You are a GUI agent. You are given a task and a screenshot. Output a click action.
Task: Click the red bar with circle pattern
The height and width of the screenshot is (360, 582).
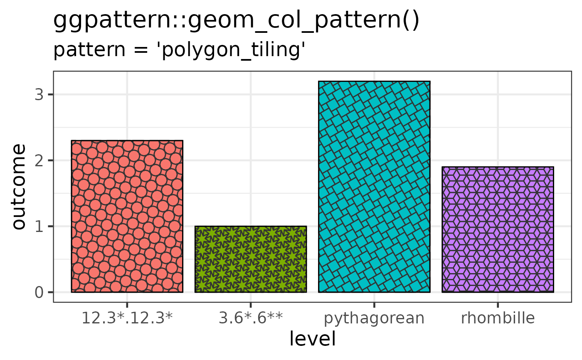coord(127,216)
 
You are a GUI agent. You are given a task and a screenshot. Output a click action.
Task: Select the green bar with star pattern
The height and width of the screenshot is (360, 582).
coord(250,259)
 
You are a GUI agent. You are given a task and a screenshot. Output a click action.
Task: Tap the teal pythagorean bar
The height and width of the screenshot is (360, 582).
coord(374,187)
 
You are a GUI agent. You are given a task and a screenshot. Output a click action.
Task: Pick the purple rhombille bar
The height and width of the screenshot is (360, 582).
coord(498,229)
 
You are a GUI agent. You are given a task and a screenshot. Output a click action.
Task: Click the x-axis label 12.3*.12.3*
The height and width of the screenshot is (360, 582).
coord(127,318)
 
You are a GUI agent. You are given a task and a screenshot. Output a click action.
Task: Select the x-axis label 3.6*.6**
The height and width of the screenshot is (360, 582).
coord(250,318)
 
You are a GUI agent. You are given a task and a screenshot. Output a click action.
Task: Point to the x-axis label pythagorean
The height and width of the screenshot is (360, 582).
coord(374,319)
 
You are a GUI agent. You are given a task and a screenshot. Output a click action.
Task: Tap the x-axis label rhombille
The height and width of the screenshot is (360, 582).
coord(498,318)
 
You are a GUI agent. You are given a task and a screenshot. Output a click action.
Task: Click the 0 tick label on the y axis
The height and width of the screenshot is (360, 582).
coord(39,292)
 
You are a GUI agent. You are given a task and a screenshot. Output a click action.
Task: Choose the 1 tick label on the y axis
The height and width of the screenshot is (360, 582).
coord(39,226)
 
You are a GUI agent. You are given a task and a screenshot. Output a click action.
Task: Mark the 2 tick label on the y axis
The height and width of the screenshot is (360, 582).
coord(39,160)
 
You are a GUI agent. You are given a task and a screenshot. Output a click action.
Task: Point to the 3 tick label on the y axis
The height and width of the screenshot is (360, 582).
coord(39,94)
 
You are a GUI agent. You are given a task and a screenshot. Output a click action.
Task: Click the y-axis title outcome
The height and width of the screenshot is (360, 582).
coord(19,186)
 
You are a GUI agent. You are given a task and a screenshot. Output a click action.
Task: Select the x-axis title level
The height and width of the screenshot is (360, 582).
coord(312,339)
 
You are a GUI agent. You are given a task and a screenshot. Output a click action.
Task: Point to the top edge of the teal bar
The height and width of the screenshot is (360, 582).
coord(374,81)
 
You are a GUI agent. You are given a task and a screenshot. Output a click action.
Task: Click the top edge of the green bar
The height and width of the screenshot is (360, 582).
coord(250,227)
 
